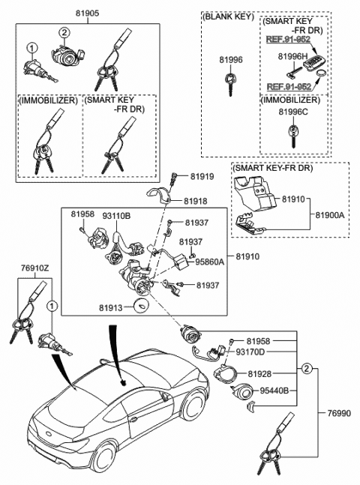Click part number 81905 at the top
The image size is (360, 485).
tap(88, 13)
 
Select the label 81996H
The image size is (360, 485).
tap(292, 56)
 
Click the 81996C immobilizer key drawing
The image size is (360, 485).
tap(292, 135)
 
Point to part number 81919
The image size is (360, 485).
tap(202, 177)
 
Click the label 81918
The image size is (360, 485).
tap(196, 201)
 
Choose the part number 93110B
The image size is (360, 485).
tap(117, 216)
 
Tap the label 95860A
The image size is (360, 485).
tap(209, 262)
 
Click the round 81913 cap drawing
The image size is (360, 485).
tap(141, 307)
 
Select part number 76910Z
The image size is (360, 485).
tap(34, 268)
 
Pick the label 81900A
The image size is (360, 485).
tap(330, 215)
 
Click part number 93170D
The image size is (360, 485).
tap(250, 352)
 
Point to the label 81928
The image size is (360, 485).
tap(259, 374)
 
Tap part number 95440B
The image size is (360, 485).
tap(274, 391)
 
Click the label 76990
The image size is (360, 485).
tap(339, 413)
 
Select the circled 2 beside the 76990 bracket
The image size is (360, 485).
tap(306, 368)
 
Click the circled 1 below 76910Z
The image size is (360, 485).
tap(52, 307)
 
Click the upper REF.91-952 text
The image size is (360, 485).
tap(288, 39)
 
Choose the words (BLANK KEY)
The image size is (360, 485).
tap(228, 17)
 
